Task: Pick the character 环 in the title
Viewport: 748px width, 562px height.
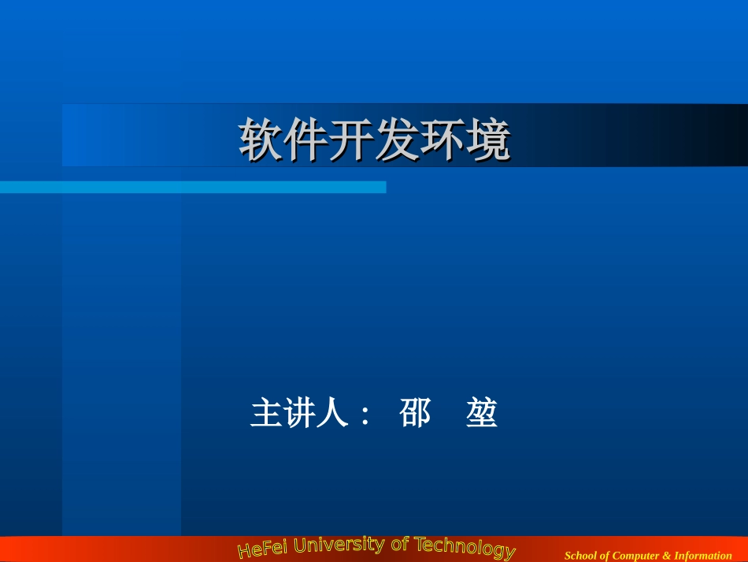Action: [x=443, y=141]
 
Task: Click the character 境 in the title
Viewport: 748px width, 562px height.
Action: [x=489, y=141]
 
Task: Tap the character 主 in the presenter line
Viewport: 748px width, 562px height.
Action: [x=266, y=413]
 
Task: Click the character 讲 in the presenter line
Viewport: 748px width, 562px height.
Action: [x=299, y=413]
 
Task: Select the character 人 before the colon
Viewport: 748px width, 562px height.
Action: [x=331, y=413]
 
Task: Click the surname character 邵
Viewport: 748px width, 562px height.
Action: [x=415, y=413]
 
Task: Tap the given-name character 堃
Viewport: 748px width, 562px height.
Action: [x=481, y=413]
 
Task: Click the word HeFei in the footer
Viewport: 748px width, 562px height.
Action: [x=262, y=549]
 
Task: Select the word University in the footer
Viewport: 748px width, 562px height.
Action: [x=339, y=545]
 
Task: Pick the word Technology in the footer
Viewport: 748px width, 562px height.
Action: [x=465, y=547]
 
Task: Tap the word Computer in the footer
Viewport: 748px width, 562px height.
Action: [x=635, y=556]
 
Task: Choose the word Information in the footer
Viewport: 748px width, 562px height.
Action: [x=702, y=556]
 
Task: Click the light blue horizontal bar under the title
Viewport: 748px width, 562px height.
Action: [x=193, y=187]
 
